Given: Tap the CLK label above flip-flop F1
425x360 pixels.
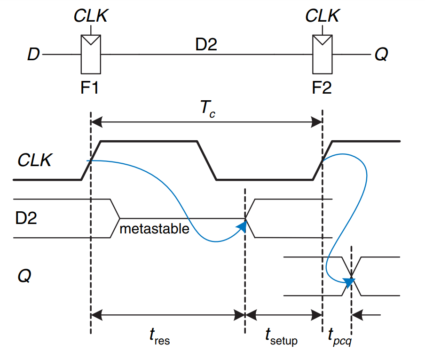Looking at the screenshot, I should click(91, 16).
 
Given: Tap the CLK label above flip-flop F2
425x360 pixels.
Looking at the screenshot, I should click(322, 16).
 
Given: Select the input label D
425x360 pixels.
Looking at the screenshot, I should click(33, 55).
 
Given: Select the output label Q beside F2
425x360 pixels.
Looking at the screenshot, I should click(381, 55).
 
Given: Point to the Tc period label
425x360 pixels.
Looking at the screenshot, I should click(207, 109).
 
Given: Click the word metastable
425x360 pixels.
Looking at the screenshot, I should click(154, 229).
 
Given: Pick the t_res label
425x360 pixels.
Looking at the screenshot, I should click(159, 336).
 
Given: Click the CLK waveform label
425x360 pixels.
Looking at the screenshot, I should click(34, 161).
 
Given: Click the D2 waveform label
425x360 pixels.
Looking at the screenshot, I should click(26, 219).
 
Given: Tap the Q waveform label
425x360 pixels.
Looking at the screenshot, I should click(24, 276).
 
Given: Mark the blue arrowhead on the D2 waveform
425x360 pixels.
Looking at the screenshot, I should click(242, 227).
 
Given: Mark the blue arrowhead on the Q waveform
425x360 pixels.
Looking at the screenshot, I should click(348, 282).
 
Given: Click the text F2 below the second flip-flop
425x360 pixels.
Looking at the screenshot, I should click(322, 88).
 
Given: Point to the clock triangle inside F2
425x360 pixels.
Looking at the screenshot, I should click(322, 41).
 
